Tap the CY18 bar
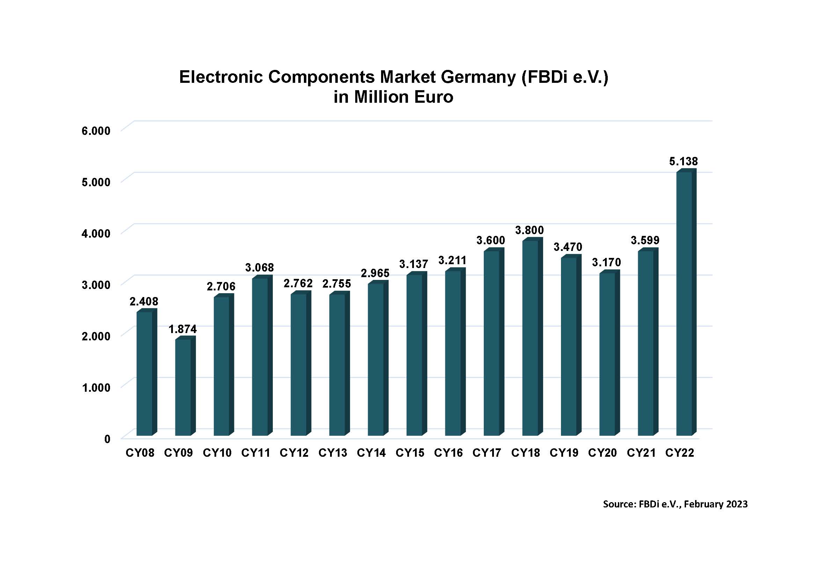point(530,338)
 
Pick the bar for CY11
point(260,357)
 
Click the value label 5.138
point(683,161)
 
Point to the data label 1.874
point(182,329)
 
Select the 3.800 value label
point(530,230)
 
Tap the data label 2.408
point(144,302)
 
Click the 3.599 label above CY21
point(645,240)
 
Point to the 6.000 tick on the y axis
point(96,131)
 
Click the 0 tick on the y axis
point(107,439)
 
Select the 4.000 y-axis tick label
point(96,233)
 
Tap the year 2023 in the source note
point(737,504)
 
